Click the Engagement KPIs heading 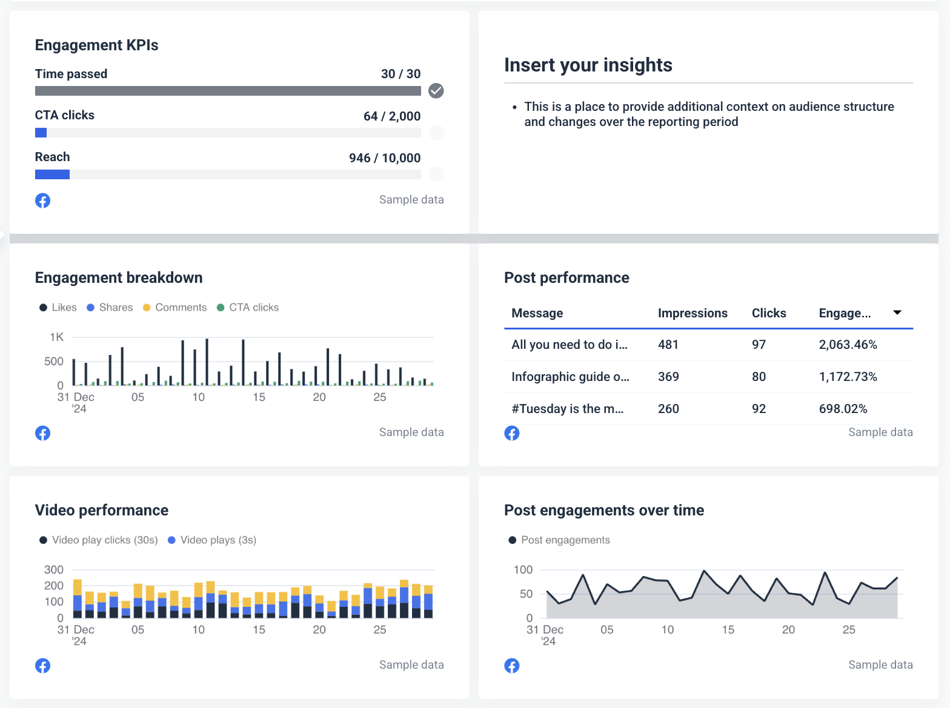coord(96,45)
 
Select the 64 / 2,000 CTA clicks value coord(391,116)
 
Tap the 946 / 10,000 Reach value coord(384,158)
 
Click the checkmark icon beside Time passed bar coord(436,91)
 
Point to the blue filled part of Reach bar coord(52,174)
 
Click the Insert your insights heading coord(588,65)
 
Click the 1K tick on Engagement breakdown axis coord(56,337)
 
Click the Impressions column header coord(693,313)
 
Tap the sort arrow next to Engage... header coord(897,313)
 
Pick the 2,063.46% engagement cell coord(848,345)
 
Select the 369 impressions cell coord(668,377)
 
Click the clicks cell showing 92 coord(759,409)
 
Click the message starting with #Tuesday coord(567,409)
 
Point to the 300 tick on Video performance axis coord(54,570)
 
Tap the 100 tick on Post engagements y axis coord(523,570)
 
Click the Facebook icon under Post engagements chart coord(512,666)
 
